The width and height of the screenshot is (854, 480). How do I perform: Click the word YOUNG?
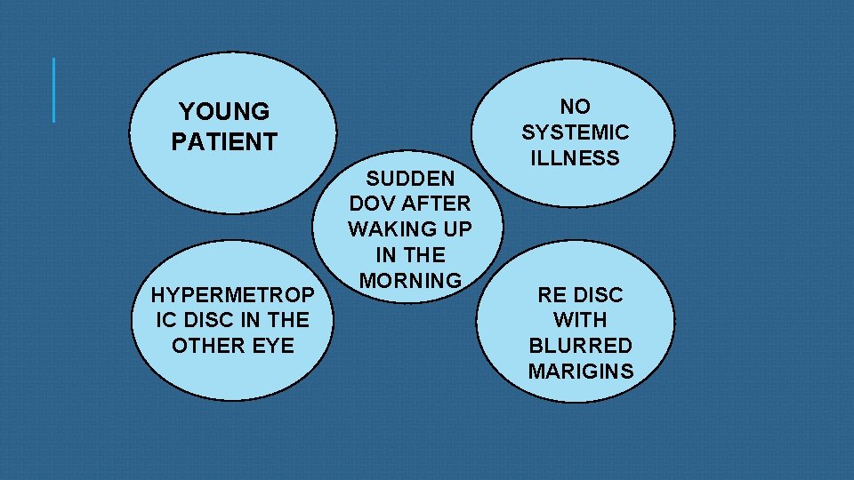[224, 112]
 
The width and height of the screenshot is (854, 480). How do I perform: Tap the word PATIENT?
[224, 141]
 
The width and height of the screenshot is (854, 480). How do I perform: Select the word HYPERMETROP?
[232, 293]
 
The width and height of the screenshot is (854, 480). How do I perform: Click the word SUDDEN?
[410, 177]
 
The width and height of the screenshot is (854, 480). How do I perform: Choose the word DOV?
[375, 203]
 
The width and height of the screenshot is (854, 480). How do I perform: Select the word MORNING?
[410, 280]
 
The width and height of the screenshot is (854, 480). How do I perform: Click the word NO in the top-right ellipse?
[576, 107]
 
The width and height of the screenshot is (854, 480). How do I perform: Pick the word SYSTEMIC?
[576, 132]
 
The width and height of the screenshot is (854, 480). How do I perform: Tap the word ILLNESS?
[576, 158]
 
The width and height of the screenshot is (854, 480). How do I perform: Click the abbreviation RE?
[552, 294]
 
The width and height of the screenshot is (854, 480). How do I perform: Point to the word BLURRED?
[580, 346]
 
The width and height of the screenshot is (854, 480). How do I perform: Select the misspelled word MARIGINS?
[580, 372]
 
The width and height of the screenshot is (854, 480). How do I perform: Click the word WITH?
[580, 320]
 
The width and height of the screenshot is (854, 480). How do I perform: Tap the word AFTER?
[435, 203]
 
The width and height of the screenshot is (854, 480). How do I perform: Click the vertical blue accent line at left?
[54, 90]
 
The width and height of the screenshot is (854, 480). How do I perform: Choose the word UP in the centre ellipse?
[455, 228]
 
